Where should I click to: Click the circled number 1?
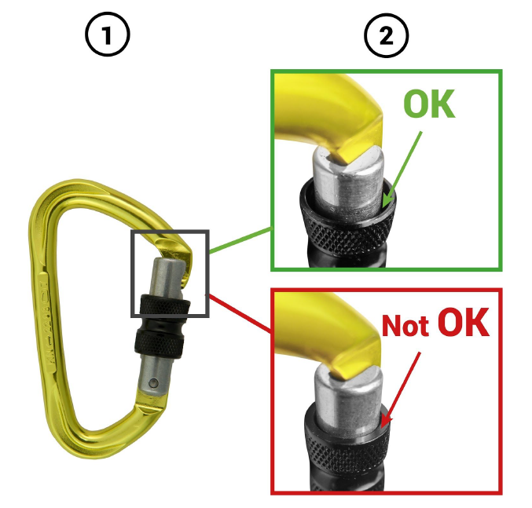pos(107,35)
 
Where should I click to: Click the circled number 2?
pos(387,35)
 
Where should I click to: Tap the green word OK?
pos(429,104)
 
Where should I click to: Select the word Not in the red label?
pos(405,325)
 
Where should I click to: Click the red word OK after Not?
pos(463,322)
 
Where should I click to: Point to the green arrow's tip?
pos(383,206)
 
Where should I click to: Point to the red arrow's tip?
pos(382,427)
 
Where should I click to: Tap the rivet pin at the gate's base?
pos(153,383)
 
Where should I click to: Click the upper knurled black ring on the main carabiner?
pos(165,305)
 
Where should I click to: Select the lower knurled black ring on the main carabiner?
pos(159,343)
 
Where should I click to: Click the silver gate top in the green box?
pos(350,179)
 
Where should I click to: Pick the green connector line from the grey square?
pos(241,240)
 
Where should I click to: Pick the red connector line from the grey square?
pos(240,313)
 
